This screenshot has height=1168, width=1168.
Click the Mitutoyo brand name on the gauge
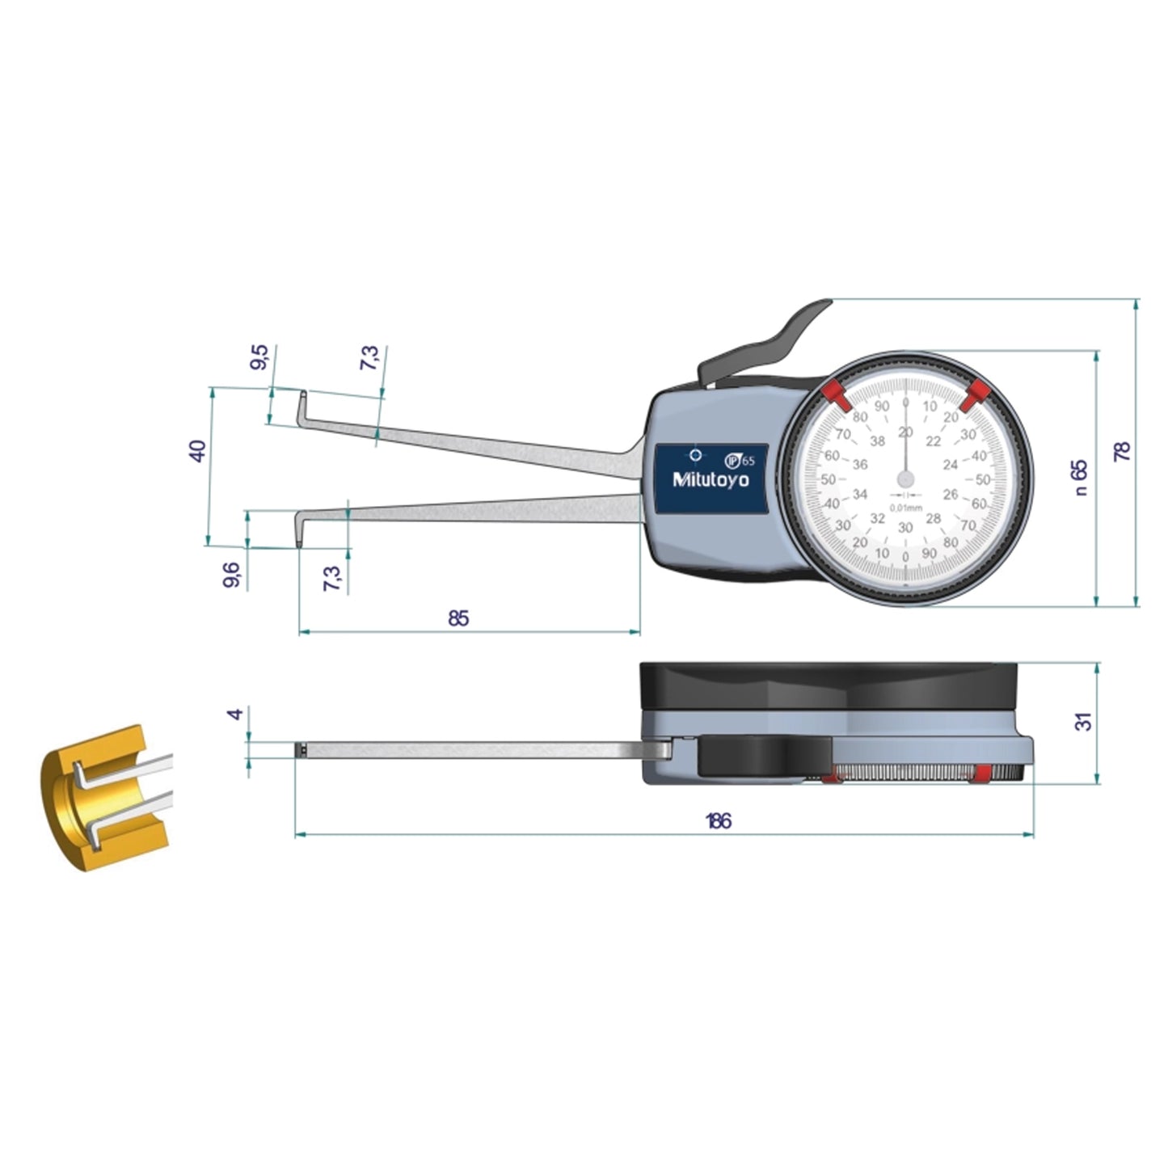711,480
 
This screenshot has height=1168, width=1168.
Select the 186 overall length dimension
718,821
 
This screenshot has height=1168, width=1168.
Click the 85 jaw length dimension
458,618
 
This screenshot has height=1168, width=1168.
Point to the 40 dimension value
197,450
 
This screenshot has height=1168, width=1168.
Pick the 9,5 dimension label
259,356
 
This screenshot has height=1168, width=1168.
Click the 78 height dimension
1123,451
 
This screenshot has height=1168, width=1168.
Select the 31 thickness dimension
1085,721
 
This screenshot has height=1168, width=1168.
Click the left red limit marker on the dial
834,395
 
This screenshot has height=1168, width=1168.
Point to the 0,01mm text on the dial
905,508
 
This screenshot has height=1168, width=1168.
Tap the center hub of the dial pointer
905,479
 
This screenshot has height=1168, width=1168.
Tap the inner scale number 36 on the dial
860,465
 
